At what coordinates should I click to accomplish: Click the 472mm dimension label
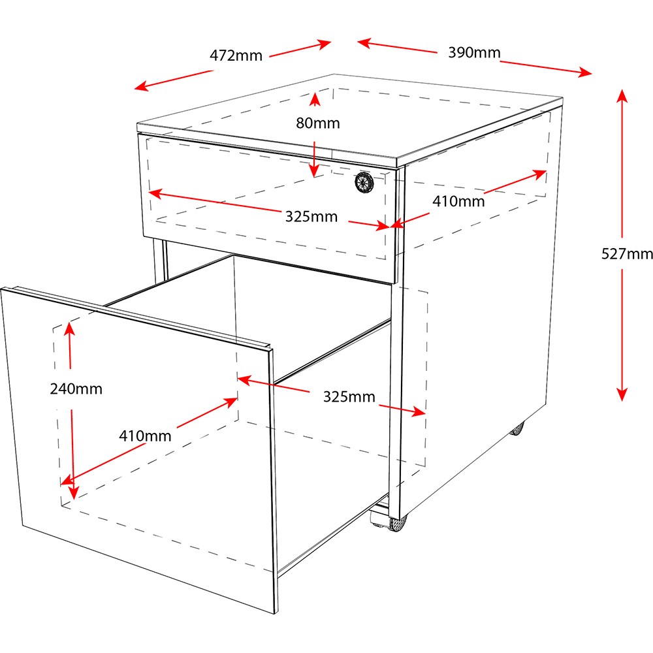coord(236,56)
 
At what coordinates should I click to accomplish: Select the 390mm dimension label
coord(474,52)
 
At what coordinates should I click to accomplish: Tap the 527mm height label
coord(627,253)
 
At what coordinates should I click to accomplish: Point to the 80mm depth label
coord(318,123)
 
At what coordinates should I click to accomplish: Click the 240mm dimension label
coord(76,389)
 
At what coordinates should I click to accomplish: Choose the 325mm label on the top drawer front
coord(311,217)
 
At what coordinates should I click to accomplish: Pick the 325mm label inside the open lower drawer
coord(349,397)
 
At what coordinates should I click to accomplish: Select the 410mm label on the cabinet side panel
coord(458,202)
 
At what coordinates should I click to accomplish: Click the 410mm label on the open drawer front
coord(145,436)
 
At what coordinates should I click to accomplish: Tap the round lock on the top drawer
coord(364,183)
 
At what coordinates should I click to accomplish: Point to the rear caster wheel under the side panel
coord(517,428)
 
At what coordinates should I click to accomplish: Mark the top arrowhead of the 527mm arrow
coord(622,95)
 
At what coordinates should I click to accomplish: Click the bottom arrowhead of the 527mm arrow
coord(622,394)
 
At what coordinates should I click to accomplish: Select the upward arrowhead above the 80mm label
coord(315,99)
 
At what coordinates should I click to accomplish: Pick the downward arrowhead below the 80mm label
coord(315,170)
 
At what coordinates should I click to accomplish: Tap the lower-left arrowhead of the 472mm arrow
coord(141,86)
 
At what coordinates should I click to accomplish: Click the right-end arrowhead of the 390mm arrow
coord(584,72)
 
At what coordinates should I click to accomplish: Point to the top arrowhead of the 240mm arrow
coord(70,328)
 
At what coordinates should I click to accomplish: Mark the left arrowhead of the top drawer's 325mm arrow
coord(155,193)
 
